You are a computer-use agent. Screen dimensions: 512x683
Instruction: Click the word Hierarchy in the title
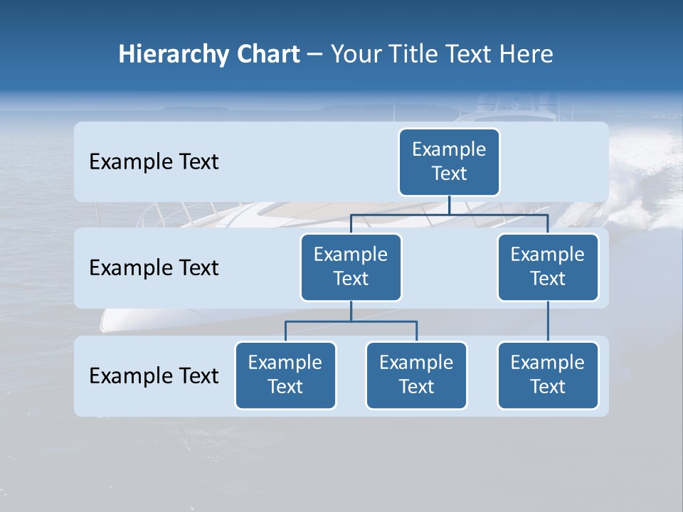[163, 55]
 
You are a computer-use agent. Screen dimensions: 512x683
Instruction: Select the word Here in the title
[526, 54]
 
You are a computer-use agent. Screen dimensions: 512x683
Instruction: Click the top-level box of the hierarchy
[449, 162]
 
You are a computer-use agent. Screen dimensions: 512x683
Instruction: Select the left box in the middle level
[351, 267]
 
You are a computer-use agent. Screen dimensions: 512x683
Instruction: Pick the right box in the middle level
[548, 267]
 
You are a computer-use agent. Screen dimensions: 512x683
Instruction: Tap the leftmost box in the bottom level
[285, 375]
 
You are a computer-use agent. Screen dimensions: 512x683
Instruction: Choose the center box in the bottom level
[416, 375]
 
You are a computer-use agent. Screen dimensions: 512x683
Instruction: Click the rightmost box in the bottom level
[548, 375]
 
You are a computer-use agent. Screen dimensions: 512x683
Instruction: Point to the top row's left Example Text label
[154, 162]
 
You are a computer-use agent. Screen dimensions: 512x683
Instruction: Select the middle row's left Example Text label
[154, 268]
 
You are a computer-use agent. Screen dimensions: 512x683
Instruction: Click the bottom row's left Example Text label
[154, 376]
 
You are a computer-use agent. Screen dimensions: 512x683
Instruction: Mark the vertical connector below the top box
[449, 206]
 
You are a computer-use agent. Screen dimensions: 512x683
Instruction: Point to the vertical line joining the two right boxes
[548, 321]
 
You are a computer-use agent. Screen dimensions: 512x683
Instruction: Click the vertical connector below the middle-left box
[351, 311]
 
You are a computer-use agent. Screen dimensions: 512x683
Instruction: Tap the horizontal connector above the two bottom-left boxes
[351, 321]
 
